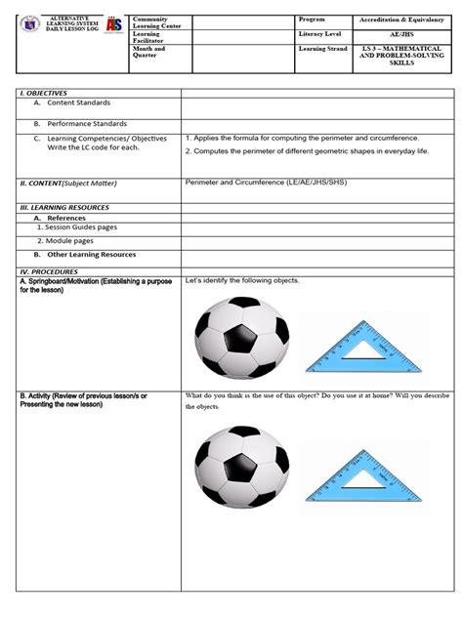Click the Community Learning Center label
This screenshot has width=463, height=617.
(x=155, y=22)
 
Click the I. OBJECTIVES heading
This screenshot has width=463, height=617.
(x=44, y=91)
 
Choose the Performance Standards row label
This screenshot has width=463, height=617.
(x=82, y=124)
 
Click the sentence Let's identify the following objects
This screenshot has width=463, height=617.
(x=241, y=281)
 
